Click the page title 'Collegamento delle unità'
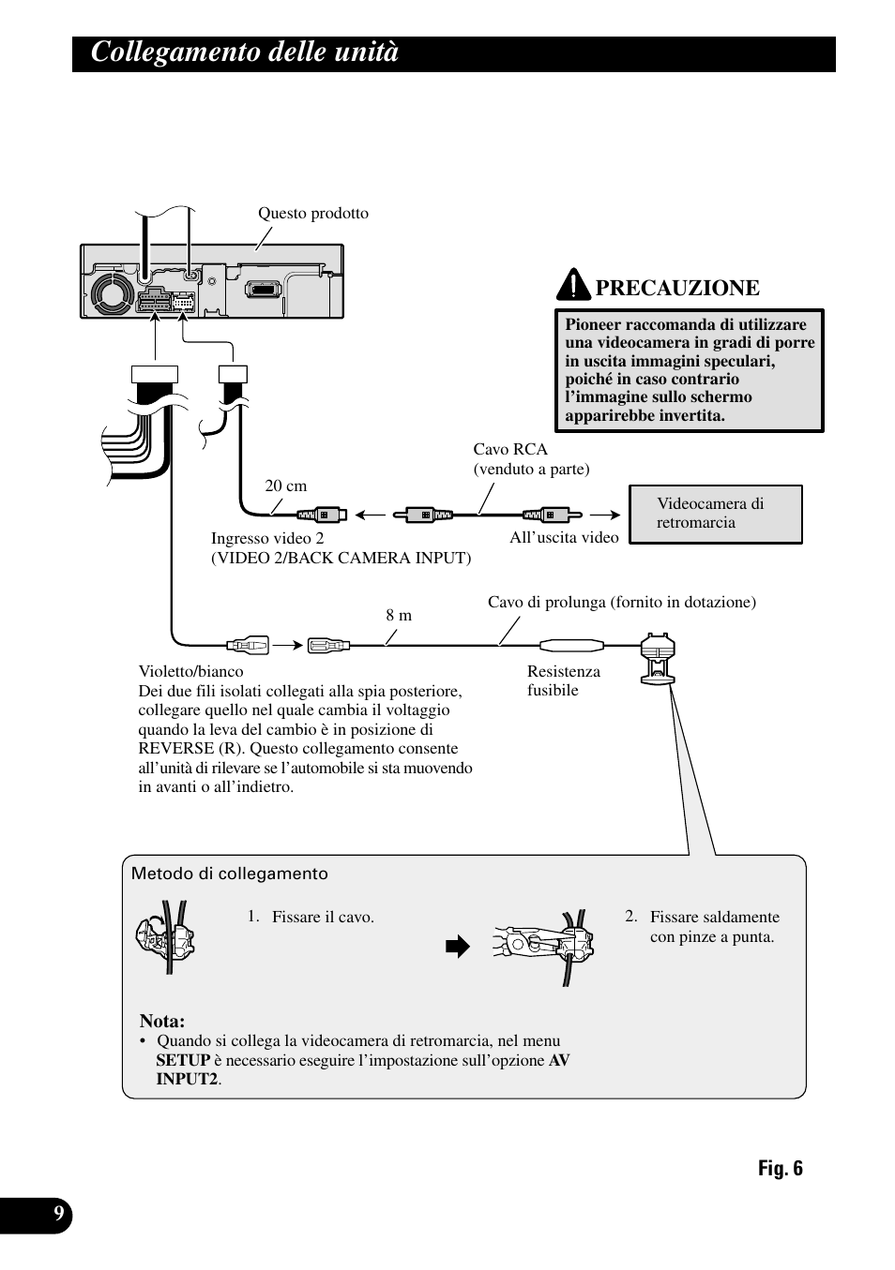pos(245,53)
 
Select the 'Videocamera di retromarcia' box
pos(715,514)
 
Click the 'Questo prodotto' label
pos(313,214)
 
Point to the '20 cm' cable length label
pos(285,486)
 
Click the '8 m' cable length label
pos(399,615)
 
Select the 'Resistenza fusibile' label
pos(563,680)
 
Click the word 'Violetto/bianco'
pos(190,671)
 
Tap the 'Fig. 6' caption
pos(781,1168)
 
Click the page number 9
pos(59,1215)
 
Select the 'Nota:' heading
pos(162,1021)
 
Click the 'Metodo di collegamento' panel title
pos(230,874)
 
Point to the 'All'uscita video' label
pos(564,537)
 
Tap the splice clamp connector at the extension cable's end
pos(657,658)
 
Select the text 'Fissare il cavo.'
pos(323,917)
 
